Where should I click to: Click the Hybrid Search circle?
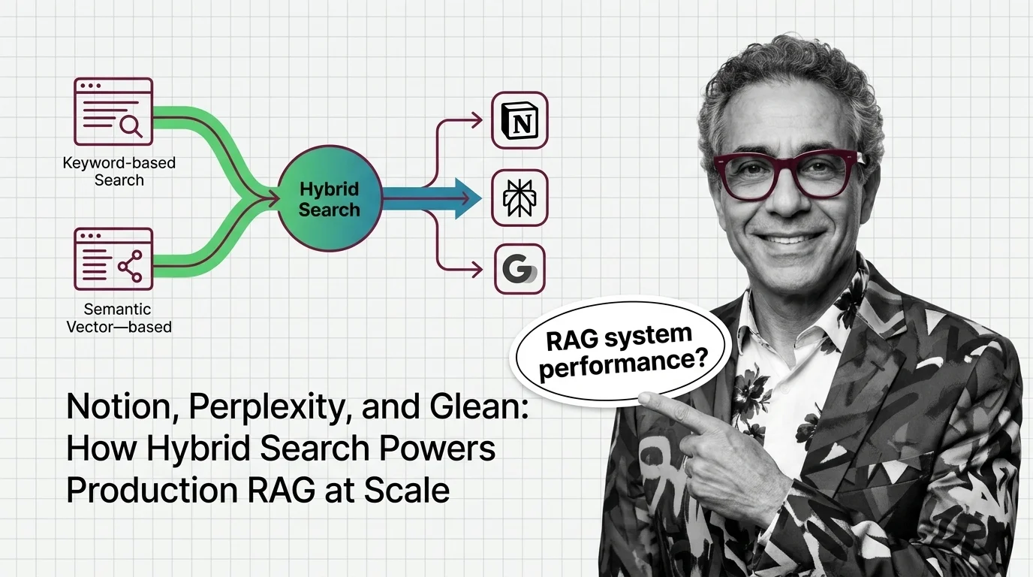click(330, 198)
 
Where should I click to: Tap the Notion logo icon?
click(520, 120)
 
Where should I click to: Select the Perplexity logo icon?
click(520, 198)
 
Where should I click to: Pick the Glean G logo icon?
click(520, 269)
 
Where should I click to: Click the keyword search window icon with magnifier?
click(113, 112)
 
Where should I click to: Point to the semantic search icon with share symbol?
click(113, 259)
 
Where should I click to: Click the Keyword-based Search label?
click(119, 171)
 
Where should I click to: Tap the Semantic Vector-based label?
click(119, 318)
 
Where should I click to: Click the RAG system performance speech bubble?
click(618, 352)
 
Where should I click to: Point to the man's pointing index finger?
click(664, 406)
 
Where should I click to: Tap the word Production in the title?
click(152, 490)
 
